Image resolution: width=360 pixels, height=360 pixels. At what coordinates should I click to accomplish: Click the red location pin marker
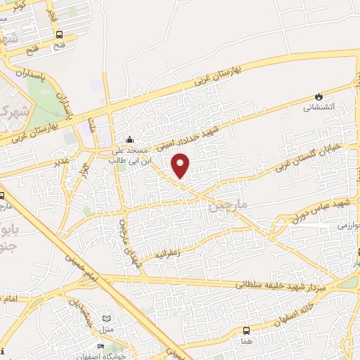coord(181,165)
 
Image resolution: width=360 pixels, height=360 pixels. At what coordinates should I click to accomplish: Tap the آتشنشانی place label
coord(319,108)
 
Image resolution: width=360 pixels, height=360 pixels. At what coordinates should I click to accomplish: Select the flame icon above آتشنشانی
coord(319,96)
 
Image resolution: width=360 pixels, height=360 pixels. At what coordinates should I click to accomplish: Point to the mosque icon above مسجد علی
coord(129,139)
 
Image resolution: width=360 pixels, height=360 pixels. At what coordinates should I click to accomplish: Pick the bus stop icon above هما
coord(246,330)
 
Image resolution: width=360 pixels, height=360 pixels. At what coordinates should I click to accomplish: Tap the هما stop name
coord(245,341)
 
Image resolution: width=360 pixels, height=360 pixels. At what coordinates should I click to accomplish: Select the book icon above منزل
coord(107,319)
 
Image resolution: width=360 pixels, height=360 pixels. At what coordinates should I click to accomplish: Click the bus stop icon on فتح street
coord(60,34)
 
